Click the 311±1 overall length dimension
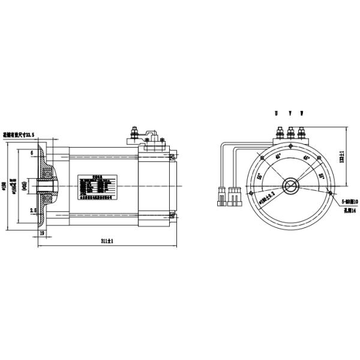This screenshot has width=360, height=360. (x=107, y=240)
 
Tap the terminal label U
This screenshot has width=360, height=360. (x=277, y=113)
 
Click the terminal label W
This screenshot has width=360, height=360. (x=302, y=113)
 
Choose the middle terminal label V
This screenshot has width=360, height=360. (x=290, y=113)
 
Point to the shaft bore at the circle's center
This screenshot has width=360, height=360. (x=291, y=185)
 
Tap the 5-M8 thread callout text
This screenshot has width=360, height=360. (x=349, y=203)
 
